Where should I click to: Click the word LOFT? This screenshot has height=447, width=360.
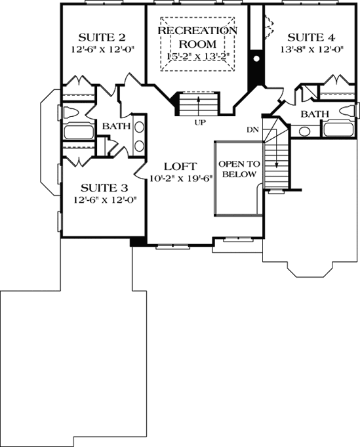click(177, 167)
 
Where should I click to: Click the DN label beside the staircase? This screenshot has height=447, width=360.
click(252, 129)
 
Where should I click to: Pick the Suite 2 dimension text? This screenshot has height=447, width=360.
click(102, 49)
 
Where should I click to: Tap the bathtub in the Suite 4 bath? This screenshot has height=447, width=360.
click(338, 129)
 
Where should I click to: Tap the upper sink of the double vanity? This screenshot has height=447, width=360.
click(139, 129)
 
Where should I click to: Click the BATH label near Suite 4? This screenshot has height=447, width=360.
click(315, 114)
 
